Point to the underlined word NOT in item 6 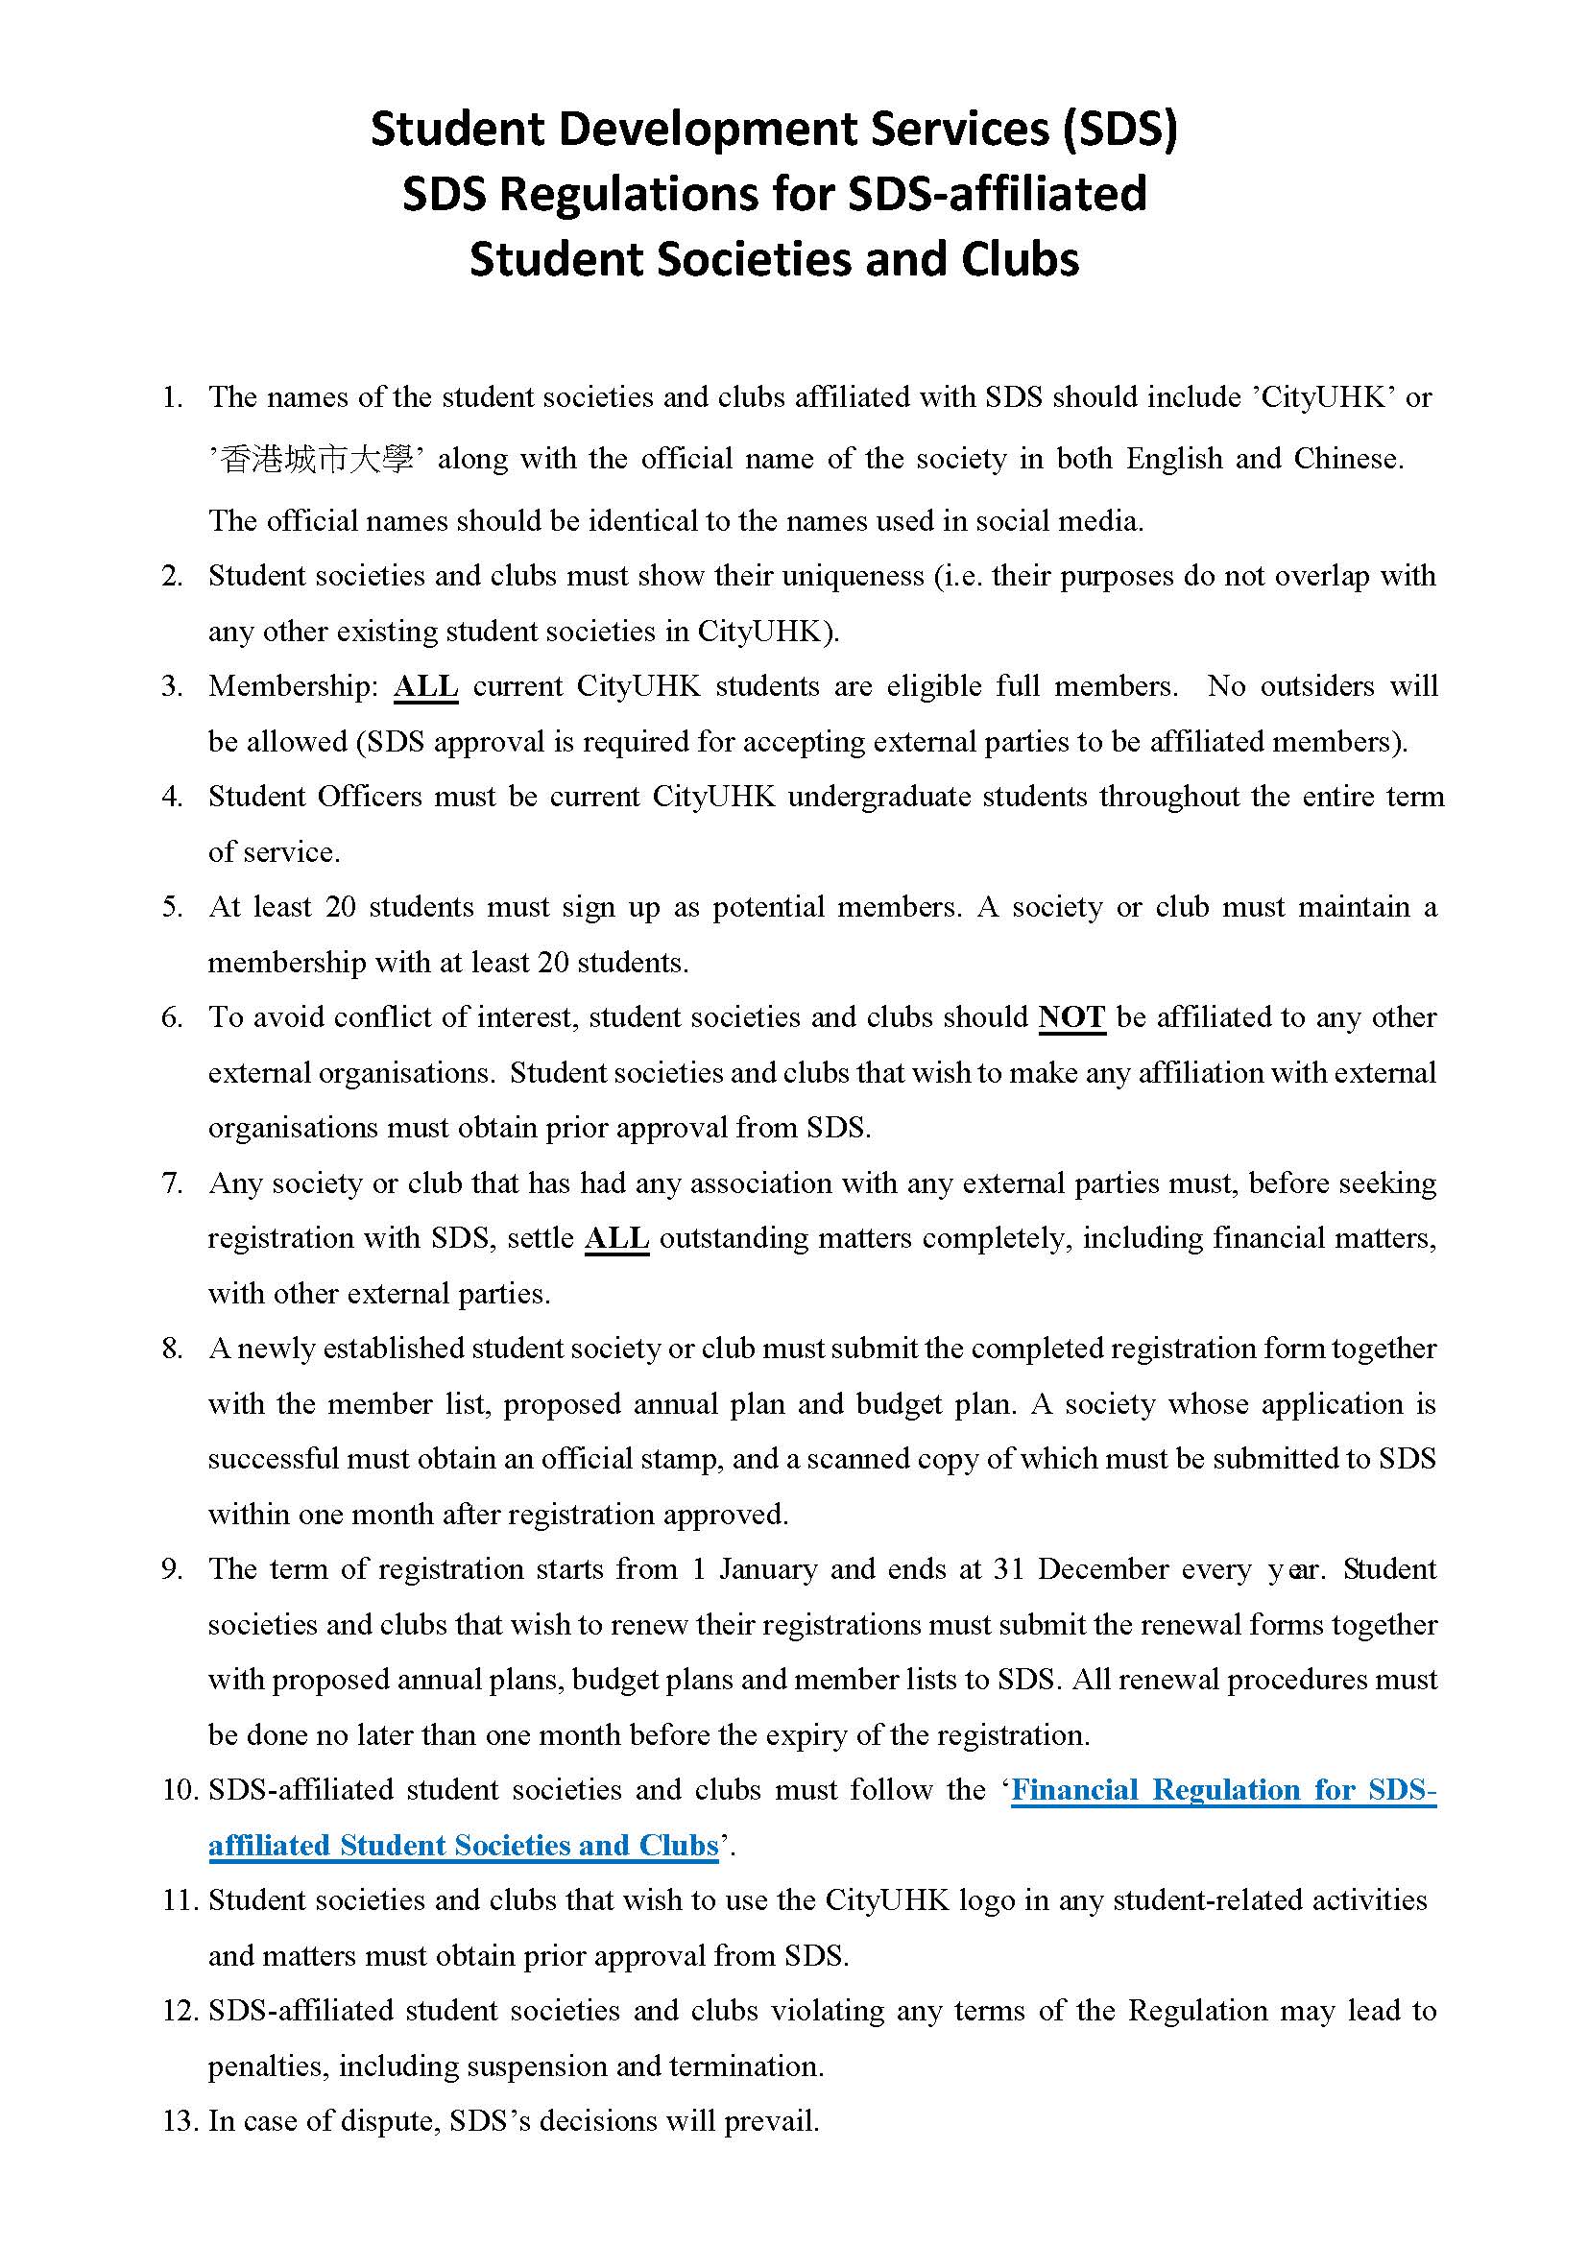click(1071, 1016)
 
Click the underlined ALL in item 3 click(425, 685)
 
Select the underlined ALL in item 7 click(617, 1238)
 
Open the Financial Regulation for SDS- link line click(1223, 1790)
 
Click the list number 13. click(180, 2122)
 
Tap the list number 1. click(172, 397)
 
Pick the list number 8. click(172, 1349)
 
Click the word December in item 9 click(1102, 1569)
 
